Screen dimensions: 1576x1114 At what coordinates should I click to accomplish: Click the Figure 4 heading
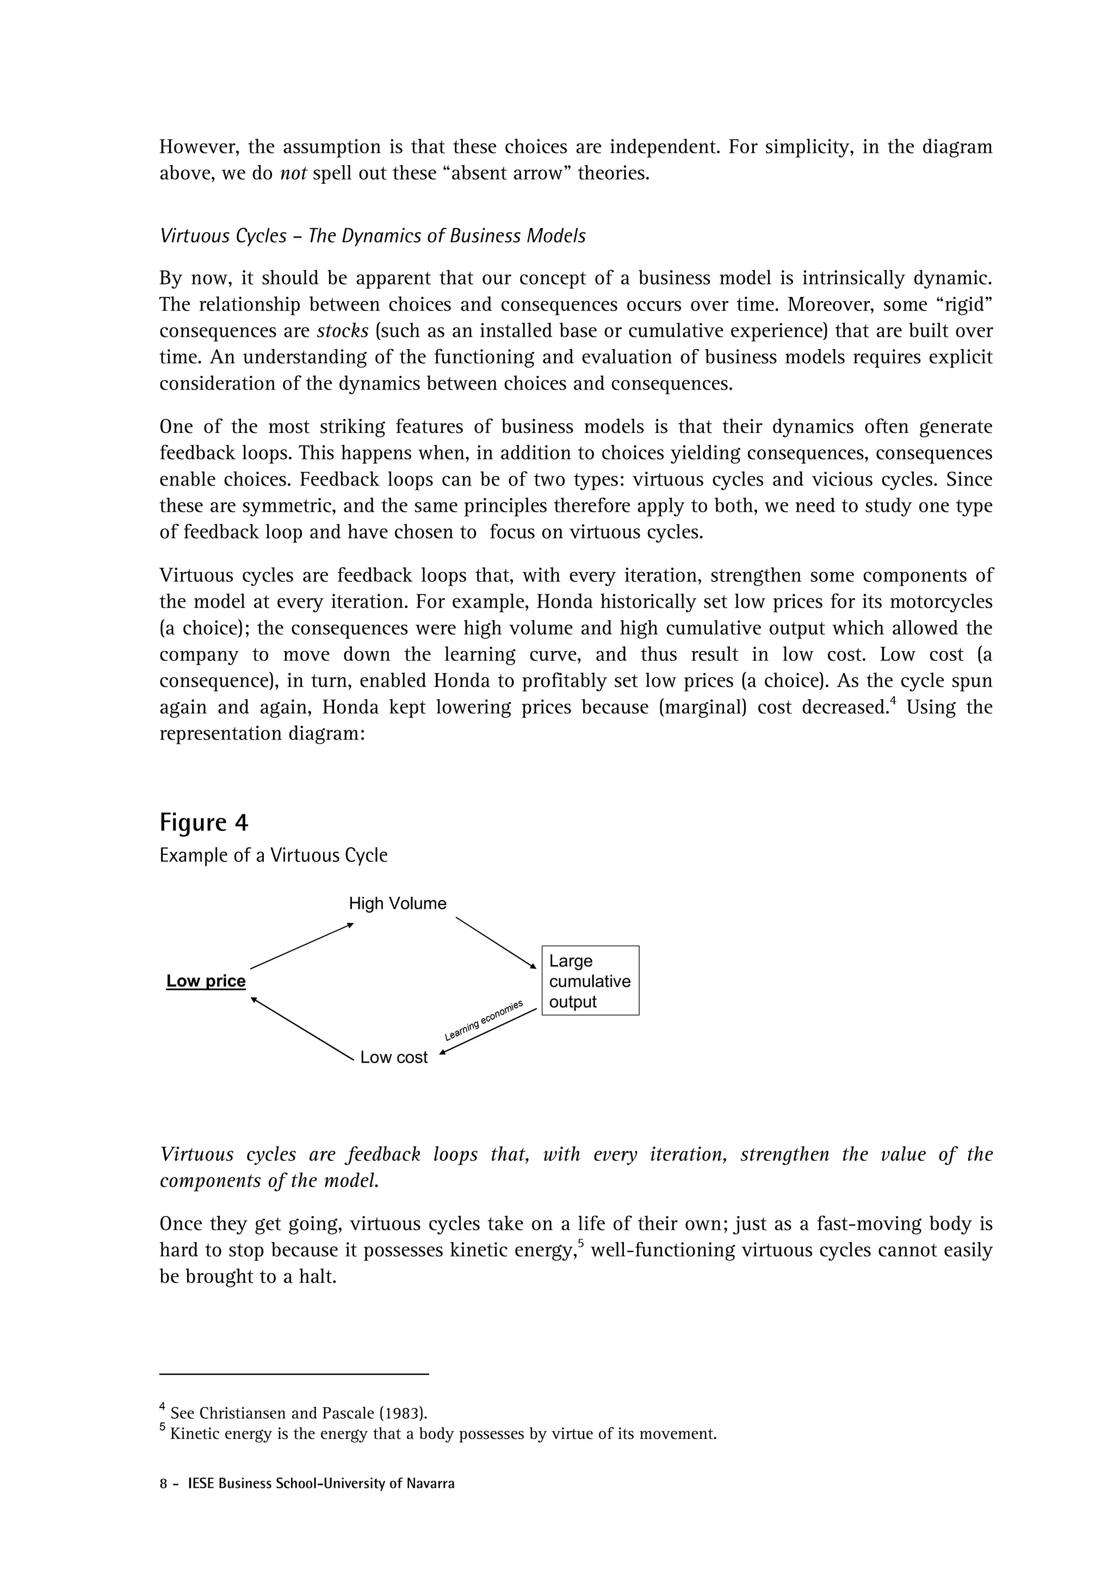pos(204,822)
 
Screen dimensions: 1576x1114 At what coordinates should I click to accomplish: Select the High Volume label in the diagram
pos(398,903)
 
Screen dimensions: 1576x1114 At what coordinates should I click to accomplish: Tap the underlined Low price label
pos(206,981)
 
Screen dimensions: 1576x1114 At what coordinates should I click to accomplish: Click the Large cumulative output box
pos(590,981)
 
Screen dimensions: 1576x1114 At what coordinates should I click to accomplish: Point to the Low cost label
pos(393,1057)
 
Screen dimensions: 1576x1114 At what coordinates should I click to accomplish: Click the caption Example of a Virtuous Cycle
pos(273,855)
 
